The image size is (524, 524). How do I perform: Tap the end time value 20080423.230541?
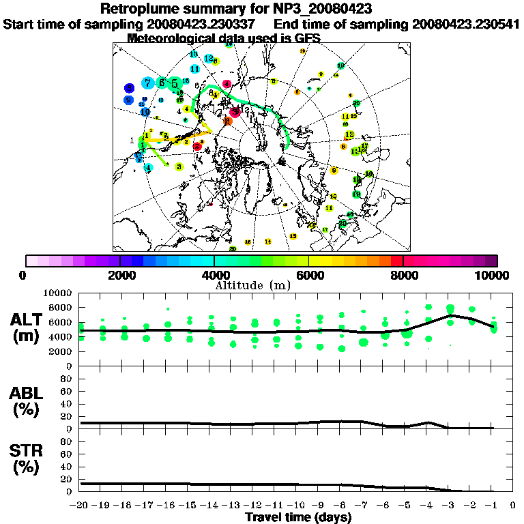point(465,24)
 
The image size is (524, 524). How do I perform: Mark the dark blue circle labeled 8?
point(129,88)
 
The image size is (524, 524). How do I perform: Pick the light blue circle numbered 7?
point(147,83)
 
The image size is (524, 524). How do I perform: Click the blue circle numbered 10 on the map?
point(145,112)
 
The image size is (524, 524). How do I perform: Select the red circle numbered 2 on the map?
point(196,146)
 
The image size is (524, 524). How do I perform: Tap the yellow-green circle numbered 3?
point(179,166)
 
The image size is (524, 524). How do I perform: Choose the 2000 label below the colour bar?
point(120,275)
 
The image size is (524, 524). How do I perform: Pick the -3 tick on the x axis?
point(448,506)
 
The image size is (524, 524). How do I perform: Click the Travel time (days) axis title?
point(298,518)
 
